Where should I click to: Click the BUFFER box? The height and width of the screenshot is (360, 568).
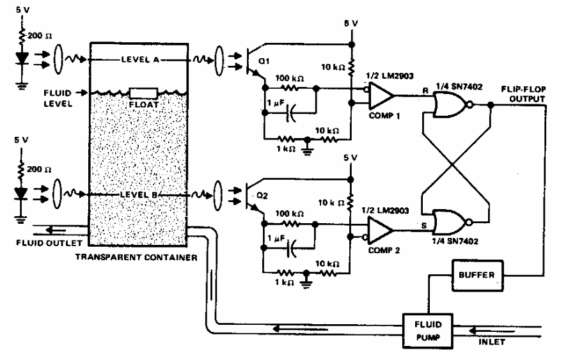[x=476, y=274]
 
